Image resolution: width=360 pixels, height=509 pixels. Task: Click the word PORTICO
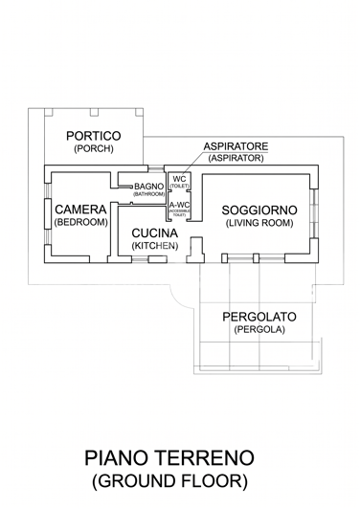point(93,136)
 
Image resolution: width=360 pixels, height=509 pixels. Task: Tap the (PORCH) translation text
point(93,149)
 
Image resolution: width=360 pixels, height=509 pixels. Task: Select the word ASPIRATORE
point(236,145)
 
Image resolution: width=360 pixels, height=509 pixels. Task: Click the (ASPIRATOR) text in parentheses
point(236,158)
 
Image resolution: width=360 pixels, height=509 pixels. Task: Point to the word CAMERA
point(80,210)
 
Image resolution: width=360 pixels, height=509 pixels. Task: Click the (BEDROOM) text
point(80,222)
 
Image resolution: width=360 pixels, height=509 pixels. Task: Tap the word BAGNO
point(148,186)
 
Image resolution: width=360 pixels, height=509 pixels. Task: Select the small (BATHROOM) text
point(148,194)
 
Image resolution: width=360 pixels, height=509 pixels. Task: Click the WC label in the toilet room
point(179,179)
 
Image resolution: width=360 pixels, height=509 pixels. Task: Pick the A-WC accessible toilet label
point(179,205)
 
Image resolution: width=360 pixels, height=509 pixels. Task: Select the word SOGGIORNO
point(259,210)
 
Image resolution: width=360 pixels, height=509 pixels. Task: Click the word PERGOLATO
point(259,317)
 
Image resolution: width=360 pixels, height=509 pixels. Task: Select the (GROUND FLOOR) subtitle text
point(169,480)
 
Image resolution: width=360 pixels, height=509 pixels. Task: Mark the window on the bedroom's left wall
point(46,215)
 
